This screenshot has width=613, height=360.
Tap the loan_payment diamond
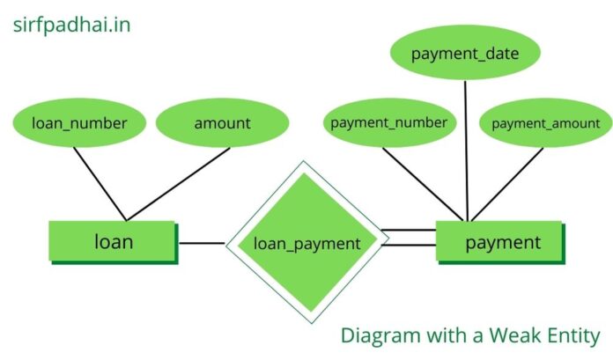coord(306,243)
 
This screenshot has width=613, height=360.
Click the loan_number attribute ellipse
coord(78,123)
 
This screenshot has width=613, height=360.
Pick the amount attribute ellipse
coord(222,123)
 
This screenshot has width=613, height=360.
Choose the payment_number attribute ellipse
coord(388,122)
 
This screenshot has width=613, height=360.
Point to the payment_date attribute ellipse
coord(464,54)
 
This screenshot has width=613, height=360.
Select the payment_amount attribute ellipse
coord(545,123)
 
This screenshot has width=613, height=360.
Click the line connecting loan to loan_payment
coord(202,242)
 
